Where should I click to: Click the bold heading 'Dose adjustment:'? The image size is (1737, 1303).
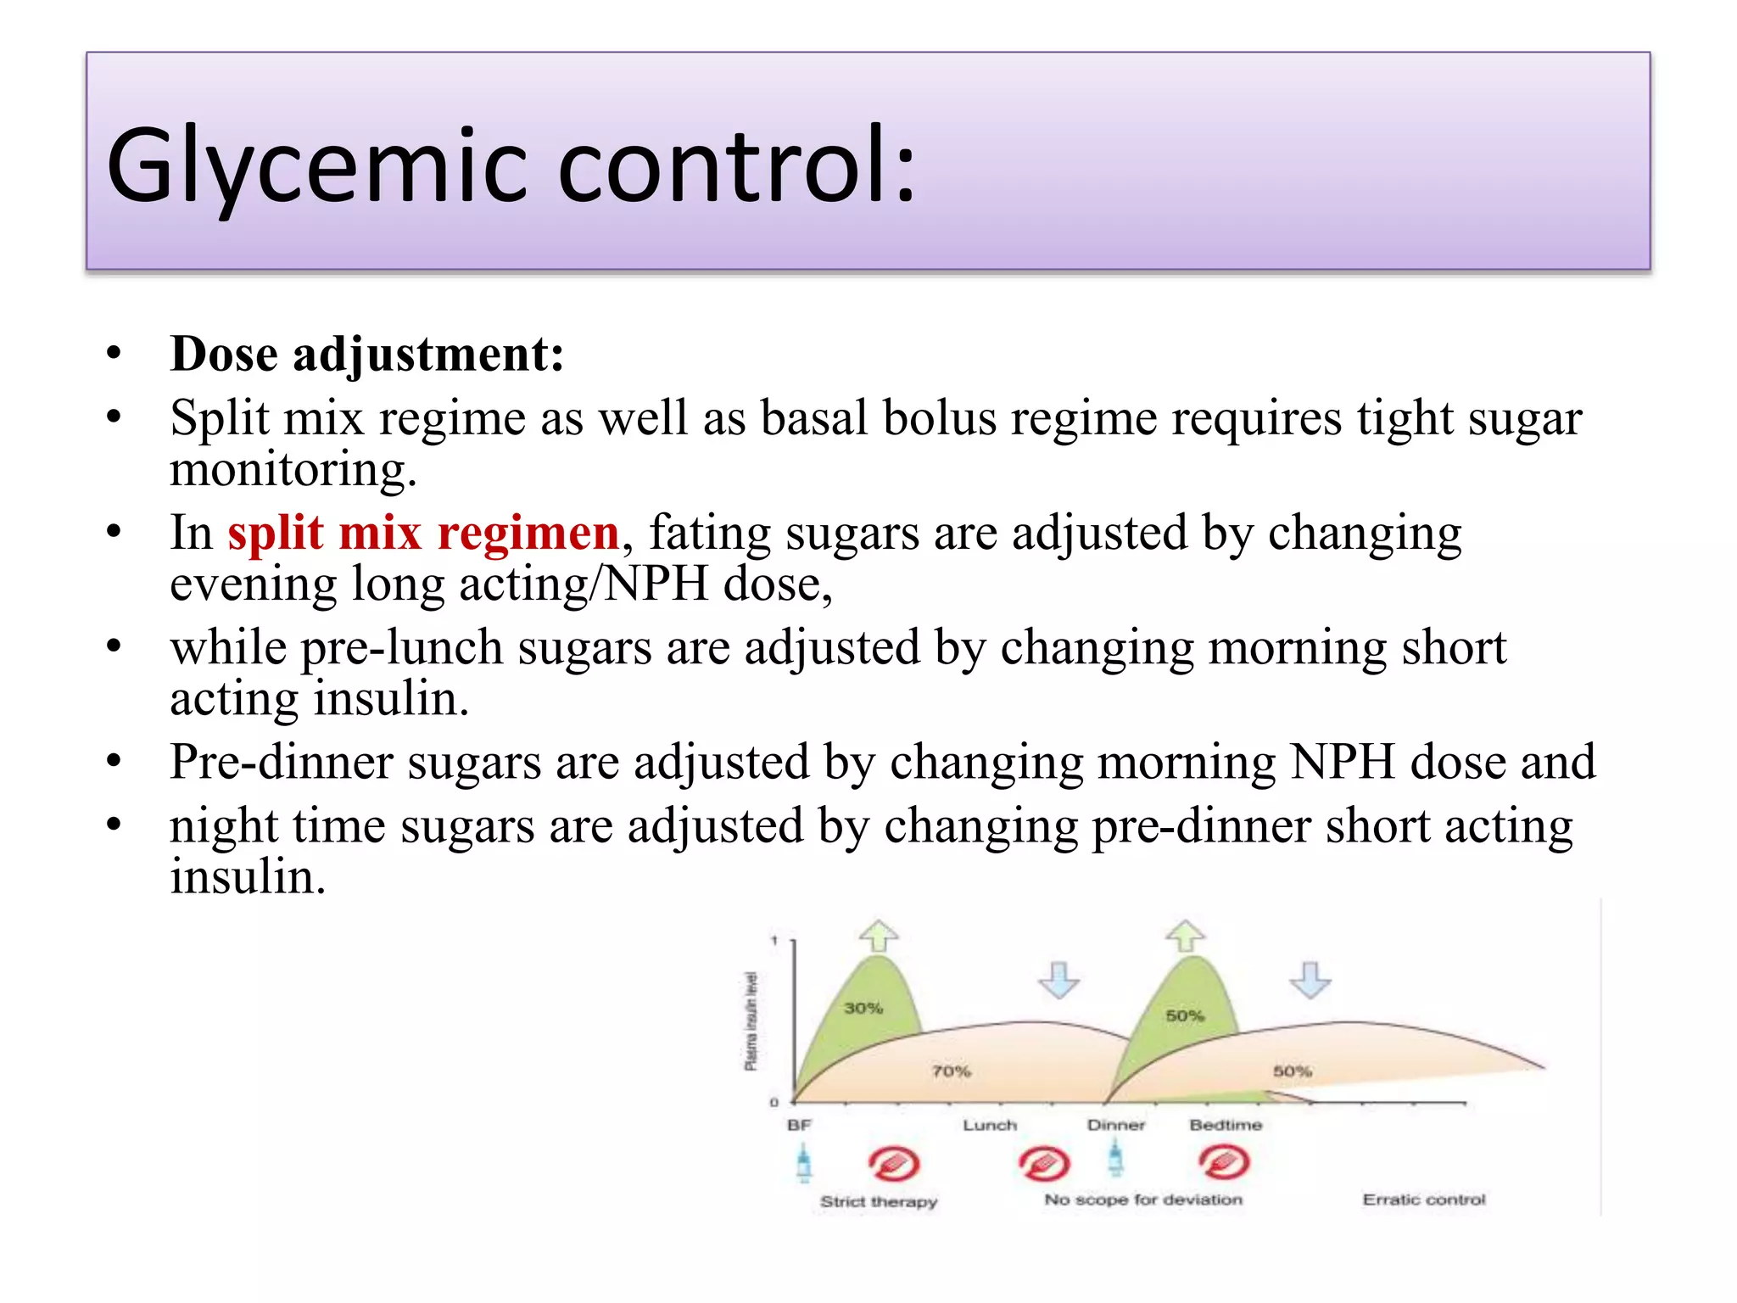tap(366, 354)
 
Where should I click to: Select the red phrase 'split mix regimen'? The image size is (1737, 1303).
tap(423, 534)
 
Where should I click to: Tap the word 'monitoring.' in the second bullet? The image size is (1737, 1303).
tap(293, 469)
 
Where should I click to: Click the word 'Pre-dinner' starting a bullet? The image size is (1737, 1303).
tap(281, 762)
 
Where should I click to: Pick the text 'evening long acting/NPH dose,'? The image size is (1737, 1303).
tap(500, 584)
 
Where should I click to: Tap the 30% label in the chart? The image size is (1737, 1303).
tap(863, 1008)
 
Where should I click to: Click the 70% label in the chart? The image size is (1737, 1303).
tap(951, 1071)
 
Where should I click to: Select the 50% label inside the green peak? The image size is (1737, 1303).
tap(1184, 1015)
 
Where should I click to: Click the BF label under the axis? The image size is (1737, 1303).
tap(799, 1125)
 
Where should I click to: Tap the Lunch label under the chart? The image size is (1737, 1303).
tap(990, 1125)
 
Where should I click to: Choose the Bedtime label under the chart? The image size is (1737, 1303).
tap(1226, 1125)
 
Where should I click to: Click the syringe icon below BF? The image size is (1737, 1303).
tap(804, 1162)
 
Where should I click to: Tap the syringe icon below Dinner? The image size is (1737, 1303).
tap(1116, 1159)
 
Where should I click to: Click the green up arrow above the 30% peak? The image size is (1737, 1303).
tap(879, 936)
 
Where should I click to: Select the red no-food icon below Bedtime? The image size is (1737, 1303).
tap(1224, 1162)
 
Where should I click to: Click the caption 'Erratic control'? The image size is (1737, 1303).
tap(1424, 1200)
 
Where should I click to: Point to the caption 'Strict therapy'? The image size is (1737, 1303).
tap(879, 1201)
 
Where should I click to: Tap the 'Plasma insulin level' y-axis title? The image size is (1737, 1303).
tap(751, 1021)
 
